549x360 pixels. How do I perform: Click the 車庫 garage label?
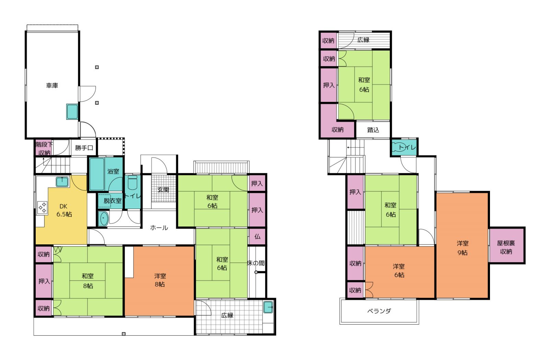tap(52, 85)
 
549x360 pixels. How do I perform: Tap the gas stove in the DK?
tap(42, 207)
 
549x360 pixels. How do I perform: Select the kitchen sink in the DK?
tap(62, 182)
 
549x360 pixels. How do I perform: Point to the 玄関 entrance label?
tap(163, 190)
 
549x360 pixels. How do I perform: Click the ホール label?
tap(159, 228)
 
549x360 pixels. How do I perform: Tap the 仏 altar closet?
tap(257, 236)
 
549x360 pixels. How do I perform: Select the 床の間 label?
tap(256, 263)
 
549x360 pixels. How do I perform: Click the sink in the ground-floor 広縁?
tap(268, 307)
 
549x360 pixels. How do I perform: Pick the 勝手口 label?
tap(84, 148)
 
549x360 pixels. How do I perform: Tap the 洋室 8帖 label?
tap(160, 280)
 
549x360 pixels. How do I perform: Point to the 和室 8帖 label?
tap(88, 281)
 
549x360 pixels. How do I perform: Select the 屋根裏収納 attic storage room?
tap(506, 245)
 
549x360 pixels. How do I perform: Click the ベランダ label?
tap(379, 311)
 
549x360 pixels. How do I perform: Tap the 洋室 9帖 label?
tap(463, 248)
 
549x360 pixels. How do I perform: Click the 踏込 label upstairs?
tap(373, 130)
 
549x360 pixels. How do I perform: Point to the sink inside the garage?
tap(72, 112)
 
